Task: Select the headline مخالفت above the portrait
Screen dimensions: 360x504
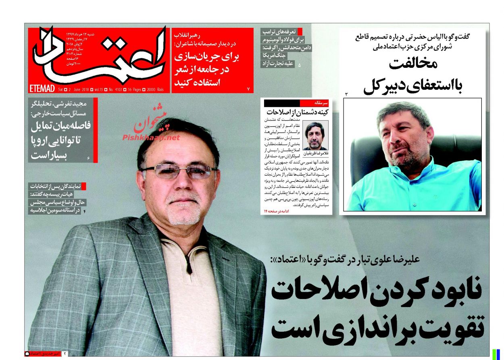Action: [413, 64]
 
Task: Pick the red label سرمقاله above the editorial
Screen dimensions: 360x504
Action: [323, 103]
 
